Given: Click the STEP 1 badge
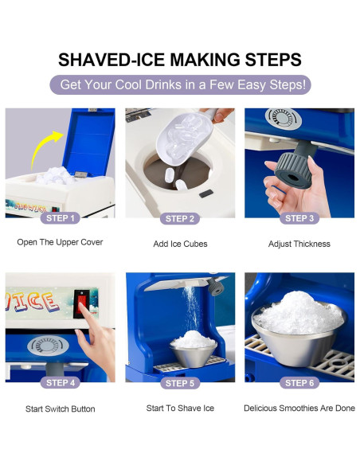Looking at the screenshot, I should coord(60,218).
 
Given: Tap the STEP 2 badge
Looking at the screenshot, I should coord(180,218).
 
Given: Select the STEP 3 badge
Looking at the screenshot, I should coord(299,218).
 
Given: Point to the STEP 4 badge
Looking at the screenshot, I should coord(60,382).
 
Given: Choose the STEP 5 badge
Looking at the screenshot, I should coord(180,383).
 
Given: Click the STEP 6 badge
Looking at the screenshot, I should coord(299,383).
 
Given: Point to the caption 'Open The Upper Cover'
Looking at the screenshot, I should coord(60,243).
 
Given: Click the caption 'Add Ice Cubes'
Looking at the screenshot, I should coord(180,244).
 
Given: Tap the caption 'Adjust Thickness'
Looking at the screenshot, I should coord(299,244).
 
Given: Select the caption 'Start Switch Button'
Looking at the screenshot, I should coord(60,408).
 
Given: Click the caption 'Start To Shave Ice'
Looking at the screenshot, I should coord(180,408).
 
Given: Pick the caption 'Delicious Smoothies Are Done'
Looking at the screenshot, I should coord(299,408).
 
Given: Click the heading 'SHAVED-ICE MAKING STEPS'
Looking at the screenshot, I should coord(180,60).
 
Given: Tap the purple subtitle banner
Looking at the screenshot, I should coord(180,85).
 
